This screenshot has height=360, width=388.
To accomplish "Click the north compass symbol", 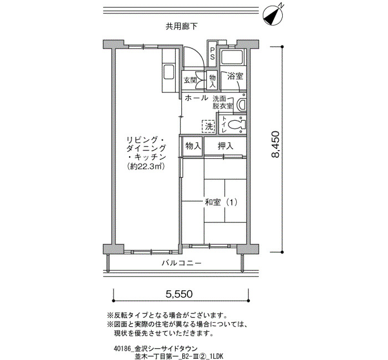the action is click(x=273, y=15).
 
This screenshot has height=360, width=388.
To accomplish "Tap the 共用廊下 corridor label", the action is click(x=182, y=27).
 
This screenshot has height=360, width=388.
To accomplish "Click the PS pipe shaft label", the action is click(x=212, y=53).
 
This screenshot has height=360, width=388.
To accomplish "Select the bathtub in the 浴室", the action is click(x=232, y=58).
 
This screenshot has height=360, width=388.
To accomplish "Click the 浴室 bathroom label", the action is click(x=235, y=76).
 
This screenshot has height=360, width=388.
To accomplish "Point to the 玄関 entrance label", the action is click(x=190, y=80).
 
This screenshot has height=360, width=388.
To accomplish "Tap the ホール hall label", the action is click(x=196, y=98).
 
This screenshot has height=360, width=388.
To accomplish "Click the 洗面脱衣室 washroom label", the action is click(x=223, y=102).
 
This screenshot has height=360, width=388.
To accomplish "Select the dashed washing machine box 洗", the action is click(x=209, y=127).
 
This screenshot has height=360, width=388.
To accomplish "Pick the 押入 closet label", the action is click(x=226, y=146).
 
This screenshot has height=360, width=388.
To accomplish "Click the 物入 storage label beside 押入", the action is click(x=193, y=146).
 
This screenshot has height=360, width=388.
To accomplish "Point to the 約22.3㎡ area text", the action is click(x=146, y=166).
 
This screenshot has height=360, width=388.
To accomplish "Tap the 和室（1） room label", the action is click(x=221, y=203).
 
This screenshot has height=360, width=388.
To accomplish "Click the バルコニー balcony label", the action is click(x=182, y=263).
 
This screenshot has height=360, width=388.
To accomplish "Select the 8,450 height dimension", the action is click(x=275, y=145).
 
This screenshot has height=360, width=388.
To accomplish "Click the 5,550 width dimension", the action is click(x=179, y=294).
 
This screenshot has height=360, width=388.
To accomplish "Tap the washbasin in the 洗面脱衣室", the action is click(x=242, y=104).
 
